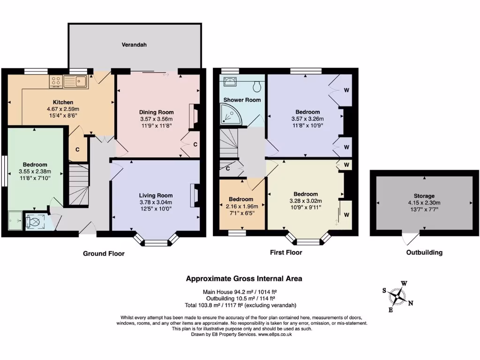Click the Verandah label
coord(134,45)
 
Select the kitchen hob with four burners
coord(56,81)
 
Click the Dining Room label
coord(156,112)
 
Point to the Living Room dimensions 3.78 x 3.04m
coord(156,202)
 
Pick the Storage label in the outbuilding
coord(424,196)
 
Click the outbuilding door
coord(411,238)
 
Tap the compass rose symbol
coord(399,296)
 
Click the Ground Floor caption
coord(104,254)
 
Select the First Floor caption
coord(286,253)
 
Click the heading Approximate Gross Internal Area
coord(244,278)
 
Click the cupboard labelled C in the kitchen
coord(77,150)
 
